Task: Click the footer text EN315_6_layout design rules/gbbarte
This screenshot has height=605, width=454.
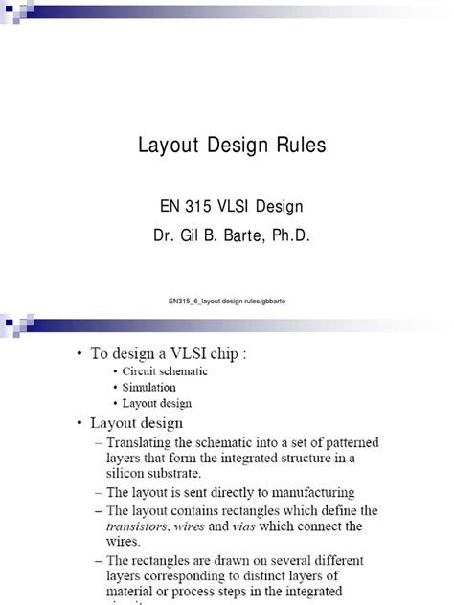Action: (226, 302)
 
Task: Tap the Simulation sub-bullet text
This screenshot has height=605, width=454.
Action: (148, 388)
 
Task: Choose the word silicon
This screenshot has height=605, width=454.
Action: (131, 473)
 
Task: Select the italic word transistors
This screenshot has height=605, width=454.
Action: (139, 526)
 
